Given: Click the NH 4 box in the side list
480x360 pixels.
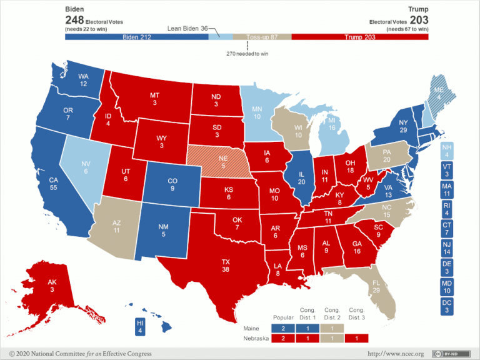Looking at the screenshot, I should [x=446, y=151].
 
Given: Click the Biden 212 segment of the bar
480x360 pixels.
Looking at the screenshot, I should [x=137, y=37].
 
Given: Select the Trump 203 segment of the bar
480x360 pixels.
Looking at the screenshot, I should [x=359, y=37].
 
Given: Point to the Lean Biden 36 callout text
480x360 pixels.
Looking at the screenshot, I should [x=187, y=28].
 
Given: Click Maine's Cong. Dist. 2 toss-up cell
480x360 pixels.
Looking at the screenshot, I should [x=332, y=327].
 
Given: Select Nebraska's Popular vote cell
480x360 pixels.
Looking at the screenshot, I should [x=283, y=338].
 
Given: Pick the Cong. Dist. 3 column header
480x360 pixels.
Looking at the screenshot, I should [x=357, y=313].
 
